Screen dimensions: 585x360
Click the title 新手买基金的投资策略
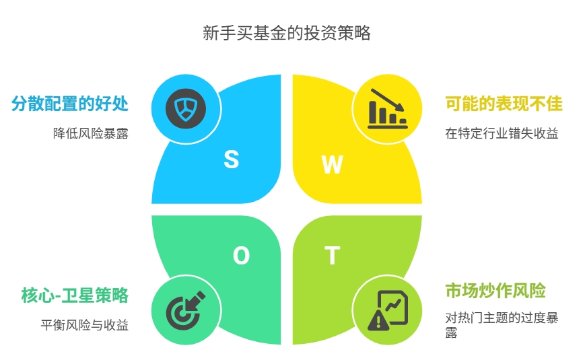pyautogui.click(x=287, y=33)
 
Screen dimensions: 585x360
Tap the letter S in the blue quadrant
pyautogui.click(x=232, y=159)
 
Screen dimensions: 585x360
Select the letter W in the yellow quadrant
pyautogui.click(x=332, y=164)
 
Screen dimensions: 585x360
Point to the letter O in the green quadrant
pyautogui.click(x=241, y=256)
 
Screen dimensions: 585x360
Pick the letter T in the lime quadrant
pyautogui.click(x=332, y=255)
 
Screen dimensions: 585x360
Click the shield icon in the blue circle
pyautogui.click(x=186, y=108)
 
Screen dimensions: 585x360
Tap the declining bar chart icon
pyautogui.click(x=387, y=108)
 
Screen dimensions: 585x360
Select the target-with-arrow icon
pyautogui.click(x=185, y=310)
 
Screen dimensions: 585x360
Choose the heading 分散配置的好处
pyautogui.click(x=70, y=104)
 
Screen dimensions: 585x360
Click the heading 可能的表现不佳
pyautogui.click(x=504, y=104)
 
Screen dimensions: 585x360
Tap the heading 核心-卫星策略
pyautogui.click(x=75, y=295)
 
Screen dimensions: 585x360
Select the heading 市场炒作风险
pyautogui.click(x=495, y=291)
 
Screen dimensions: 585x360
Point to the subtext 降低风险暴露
pyautogui.click(x=91, y=133)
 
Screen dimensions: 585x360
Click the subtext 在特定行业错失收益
pyautogui.click(x=502, y=133)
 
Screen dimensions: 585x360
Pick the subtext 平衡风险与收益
pyautogui.click(x=85, y=325)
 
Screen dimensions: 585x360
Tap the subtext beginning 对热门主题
pyautogui.click(x=502, y=325)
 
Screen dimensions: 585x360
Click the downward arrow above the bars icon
pyautogui.click(x=387, y=100)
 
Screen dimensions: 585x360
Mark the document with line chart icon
pyautogui.click(x=393, y=307)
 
